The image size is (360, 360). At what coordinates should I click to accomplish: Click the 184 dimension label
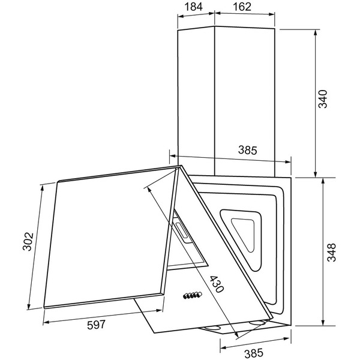(x=194, y=7)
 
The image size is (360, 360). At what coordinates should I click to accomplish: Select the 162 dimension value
(x=242, y=7)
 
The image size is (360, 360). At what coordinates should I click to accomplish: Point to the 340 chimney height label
(x=322, y=99)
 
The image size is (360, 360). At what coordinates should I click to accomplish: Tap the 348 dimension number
(x=331, y=253)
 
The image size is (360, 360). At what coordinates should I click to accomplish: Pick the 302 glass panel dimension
(x=28, y=242)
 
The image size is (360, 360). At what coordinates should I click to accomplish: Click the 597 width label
(x=96, y=325)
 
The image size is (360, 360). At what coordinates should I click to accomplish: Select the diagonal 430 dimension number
(x=216, y=284)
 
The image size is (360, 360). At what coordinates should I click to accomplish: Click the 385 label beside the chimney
(x=248, y=150)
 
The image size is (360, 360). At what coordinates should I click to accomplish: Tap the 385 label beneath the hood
(x=254, y=353)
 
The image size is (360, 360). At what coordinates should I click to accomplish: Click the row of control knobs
(x=193, y=295)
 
